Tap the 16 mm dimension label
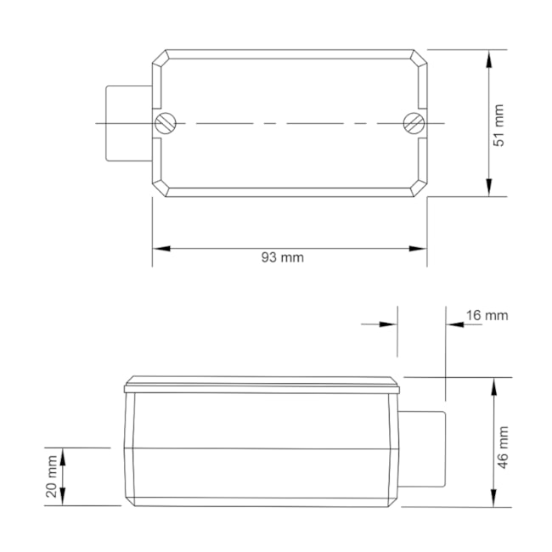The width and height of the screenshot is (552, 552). (487, 315)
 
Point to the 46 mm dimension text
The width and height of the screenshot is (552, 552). (502, 448)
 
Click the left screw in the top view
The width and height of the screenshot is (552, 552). (166, 123)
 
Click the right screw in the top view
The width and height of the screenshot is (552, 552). (414, 123)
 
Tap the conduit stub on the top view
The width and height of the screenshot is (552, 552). (127, 123)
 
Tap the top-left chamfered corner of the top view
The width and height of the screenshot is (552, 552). (161, 59)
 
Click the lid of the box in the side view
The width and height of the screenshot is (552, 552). (261, 385)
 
